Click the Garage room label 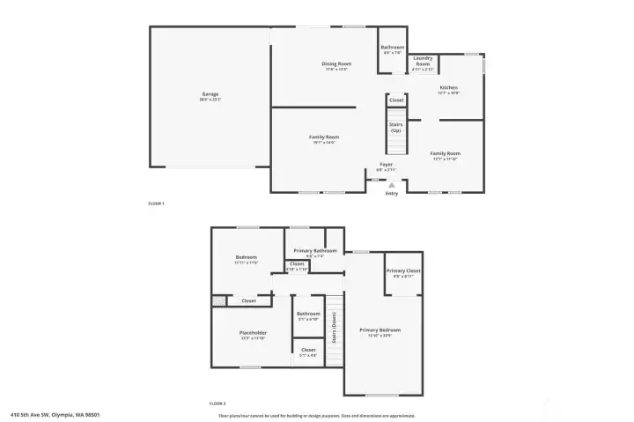point(210,94)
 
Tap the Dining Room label point(336,63)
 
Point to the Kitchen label point(449,88)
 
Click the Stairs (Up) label point(395,127)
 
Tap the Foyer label point(386,165)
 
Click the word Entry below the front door point(392,194)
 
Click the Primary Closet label point(403,270)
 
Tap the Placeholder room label point(253,333)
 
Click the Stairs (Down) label point(334,327)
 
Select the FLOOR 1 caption point(156,204)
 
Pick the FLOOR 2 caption point(217,403)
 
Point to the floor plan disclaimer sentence point(317,415)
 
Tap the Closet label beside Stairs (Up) point(396,100)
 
